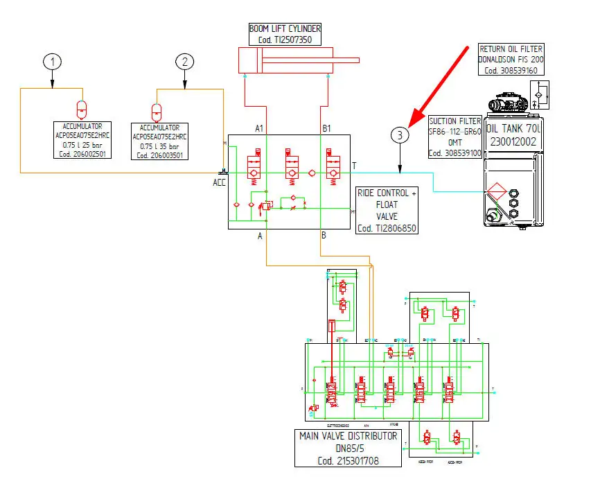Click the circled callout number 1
tap(52, 62)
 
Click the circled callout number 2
tap(184, 62)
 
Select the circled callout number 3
tap(400, 135)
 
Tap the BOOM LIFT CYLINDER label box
tap(285, 34)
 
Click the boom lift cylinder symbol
tap(298, 60)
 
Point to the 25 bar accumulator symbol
tap(82, 110)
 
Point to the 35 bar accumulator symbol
tap(157, 112)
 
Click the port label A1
tap(260, 128)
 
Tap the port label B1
tap(326, 128)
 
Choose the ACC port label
tap(220, 182)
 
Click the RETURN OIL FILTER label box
tap(511, 60)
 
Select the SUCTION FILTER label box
tap(455, 137)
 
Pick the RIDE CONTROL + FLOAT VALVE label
tap(387, 210)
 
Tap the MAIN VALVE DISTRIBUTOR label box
tap(348, 448)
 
